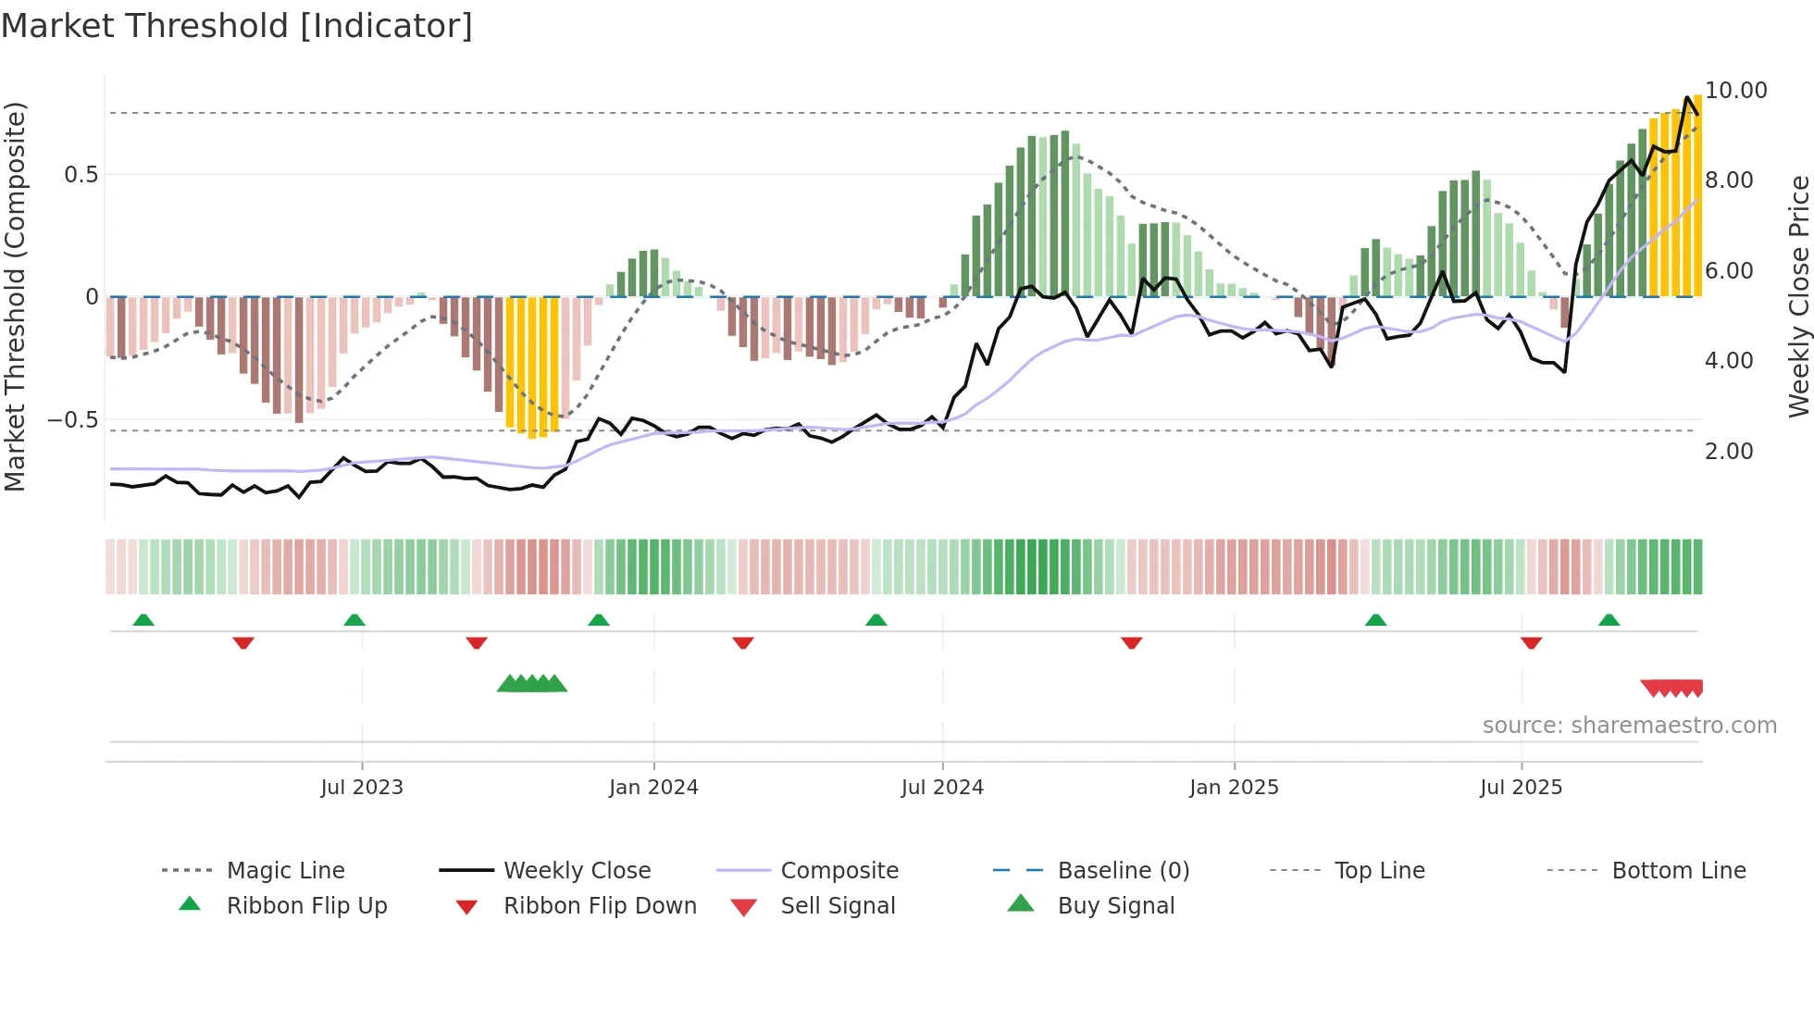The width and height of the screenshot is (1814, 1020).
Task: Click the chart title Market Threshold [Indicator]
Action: point(237,26)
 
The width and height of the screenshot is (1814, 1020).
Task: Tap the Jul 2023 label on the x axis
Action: point(362,788)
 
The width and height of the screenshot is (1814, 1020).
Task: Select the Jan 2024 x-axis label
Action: point(653,788)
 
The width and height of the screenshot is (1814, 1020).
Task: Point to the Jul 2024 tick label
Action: point(942,788)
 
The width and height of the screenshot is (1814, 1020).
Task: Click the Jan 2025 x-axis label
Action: point(1234,788)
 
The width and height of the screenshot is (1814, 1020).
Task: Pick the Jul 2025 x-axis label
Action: point(1521,788)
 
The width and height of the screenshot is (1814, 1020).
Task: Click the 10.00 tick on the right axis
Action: point(1736,91)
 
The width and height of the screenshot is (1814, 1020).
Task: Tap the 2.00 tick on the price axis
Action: point(1729,452)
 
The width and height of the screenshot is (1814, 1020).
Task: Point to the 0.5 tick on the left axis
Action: point(81,175)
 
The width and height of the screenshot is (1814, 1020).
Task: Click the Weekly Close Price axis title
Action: point(1798,296)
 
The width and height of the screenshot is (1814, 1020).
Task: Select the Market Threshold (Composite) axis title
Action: point(15,296)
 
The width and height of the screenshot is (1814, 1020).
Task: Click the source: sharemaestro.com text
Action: point(1629,726)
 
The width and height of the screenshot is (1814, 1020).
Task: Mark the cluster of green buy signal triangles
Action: point(532,684)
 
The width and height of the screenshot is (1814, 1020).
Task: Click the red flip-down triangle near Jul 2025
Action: point(1531,642)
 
